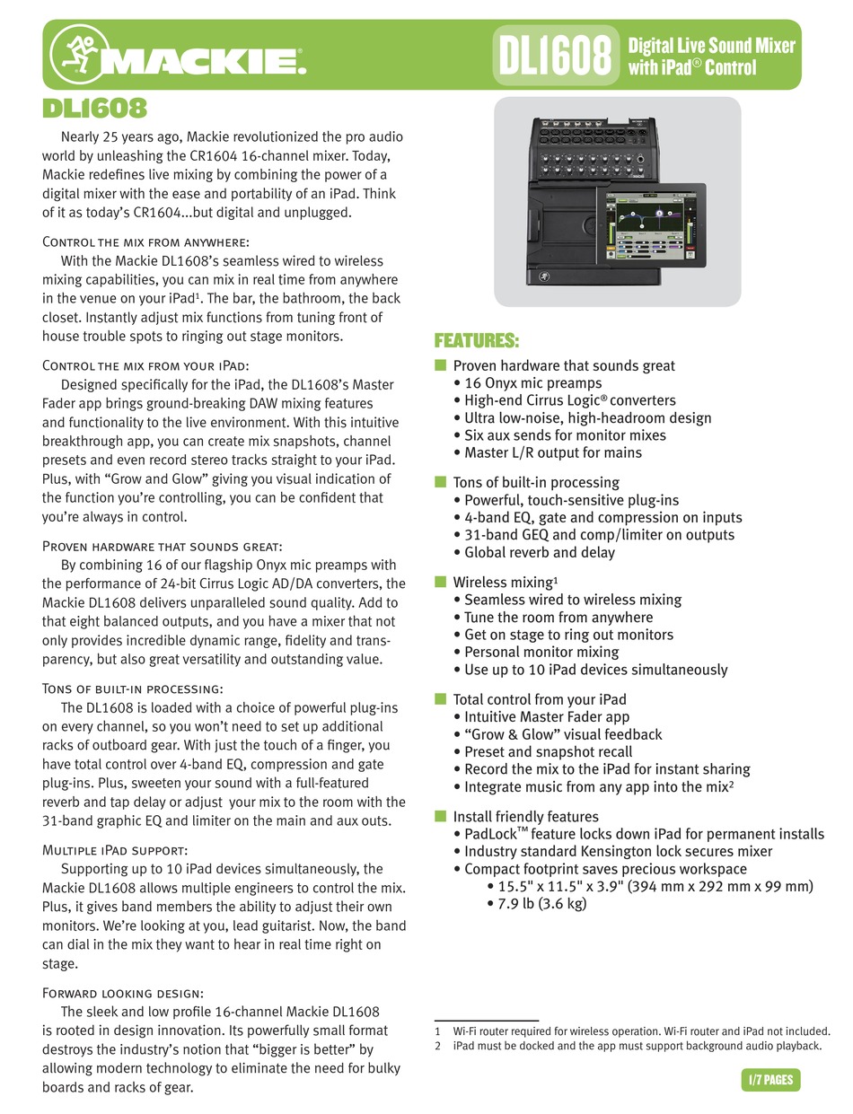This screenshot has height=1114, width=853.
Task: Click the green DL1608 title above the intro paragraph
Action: pyautogui.click(x=94, y=109)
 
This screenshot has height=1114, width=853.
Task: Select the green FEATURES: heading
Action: pyautogui.click(x=477, y=341)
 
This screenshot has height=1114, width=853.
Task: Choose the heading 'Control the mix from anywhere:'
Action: pyautogui.click(x=145, y=241)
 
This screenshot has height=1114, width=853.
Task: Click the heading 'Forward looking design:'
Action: pyautogui.click(x=123, y=992)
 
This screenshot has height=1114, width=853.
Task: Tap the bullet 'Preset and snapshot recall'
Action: pyautogui.click(x=548, y=751)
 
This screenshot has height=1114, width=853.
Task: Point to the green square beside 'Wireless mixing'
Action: pyautogui.click(x=440, y=582)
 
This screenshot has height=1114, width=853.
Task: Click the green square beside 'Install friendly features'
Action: pyautogui.click(x=440, y=816)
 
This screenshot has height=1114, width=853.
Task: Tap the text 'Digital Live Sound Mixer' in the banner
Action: pyautogui.click(x=711, y=46)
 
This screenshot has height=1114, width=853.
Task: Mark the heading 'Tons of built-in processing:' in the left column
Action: pyautogui.click(x=133, y=689)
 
